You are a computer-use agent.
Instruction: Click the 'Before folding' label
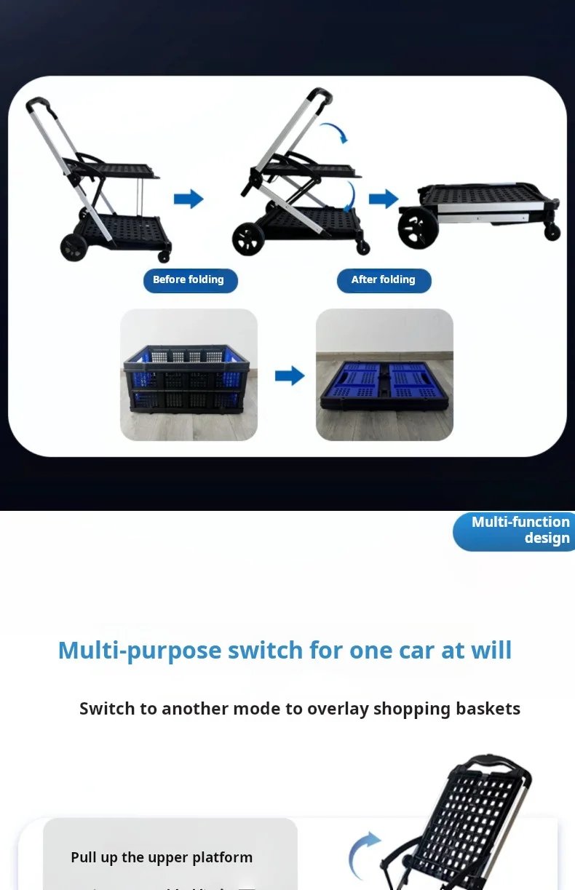(x=190, y=280)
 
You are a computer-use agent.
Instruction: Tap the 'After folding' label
(x=384, y=280)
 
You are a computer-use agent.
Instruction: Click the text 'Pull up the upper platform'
(x=162, y=857)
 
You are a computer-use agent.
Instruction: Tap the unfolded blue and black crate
(x=189, y=376)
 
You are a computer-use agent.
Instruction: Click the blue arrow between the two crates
(x=289, y=376)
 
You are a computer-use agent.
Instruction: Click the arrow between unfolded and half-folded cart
(x=189, y=199)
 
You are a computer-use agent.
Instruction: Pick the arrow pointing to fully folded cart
(x=384, y=199)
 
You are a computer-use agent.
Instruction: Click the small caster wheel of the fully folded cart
(x=552, y=231)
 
